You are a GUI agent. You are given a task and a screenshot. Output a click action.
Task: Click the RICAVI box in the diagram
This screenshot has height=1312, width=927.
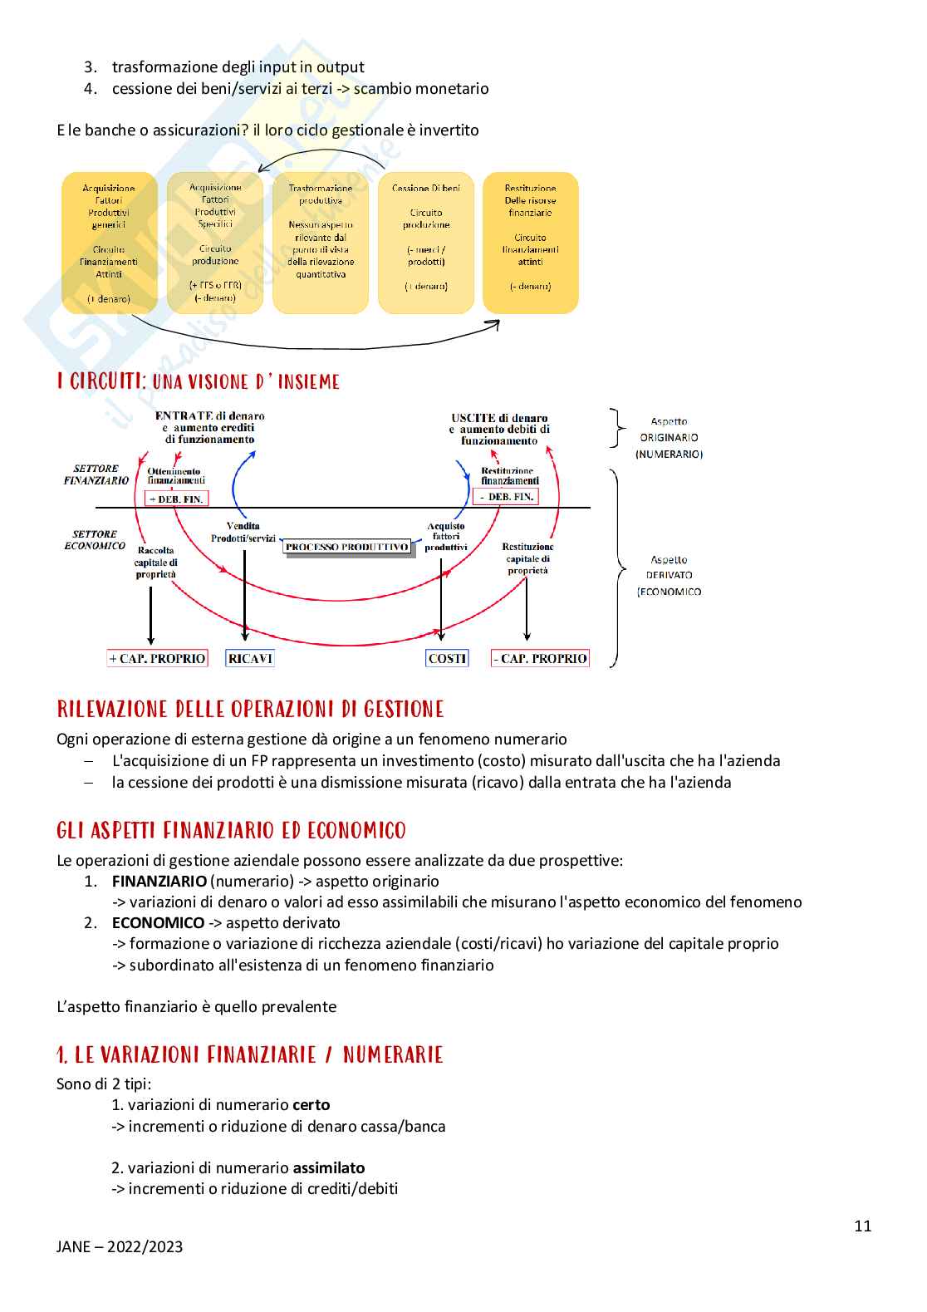point(250,659)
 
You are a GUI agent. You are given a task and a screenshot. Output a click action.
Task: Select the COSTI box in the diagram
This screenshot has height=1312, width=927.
point(447,659)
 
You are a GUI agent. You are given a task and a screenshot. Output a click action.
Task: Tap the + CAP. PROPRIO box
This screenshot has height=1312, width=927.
point(157,659)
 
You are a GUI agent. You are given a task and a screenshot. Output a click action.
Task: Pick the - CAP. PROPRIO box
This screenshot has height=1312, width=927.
point(540,659)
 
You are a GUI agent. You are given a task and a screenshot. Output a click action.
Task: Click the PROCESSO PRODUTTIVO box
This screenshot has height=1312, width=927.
point(347,547)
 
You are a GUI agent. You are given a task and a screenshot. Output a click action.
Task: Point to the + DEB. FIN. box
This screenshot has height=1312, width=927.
point(176,499)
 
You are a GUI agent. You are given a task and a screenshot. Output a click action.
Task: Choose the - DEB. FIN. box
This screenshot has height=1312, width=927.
point(506,497)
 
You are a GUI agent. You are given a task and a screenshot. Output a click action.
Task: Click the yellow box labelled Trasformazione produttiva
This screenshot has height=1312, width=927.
point(321,243)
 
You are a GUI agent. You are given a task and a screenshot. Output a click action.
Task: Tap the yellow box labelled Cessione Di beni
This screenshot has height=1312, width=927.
point(426,243)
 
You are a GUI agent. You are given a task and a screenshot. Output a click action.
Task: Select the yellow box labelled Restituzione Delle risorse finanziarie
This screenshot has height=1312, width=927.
point(531,243)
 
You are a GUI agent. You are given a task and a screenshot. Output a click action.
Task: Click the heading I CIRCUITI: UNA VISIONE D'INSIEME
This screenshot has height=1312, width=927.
point(199,381)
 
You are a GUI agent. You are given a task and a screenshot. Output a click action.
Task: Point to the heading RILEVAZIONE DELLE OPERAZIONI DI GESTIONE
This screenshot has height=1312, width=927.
point(250,709)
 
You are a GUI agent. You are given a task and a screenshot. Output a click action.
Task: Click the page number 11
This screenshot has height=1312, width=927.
point(863,1226)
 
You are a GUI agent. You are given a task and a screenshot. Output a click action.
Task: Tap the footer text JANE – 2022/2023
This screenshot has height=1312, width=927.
point(120,1246)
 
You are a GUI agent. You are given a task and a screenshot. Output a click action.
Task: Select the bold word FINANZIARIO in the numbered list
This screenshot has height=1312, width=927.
point(159,881)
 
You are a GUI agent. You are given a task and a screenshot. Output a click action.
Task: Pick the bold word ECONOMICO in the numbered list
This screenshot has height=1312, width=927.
point(158,922)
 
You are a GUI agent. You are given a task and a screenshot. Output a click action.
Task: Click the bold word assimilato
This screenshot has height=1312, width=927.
point(329,1167)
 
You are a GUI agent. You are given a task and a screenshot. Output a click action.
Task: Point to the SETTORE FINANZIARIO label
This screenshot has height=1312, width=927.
point(96,474)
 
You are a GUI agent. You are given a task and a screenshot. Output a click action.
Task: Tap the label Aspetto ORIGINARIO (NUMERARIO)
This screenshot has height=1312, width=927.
point(669,438)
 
